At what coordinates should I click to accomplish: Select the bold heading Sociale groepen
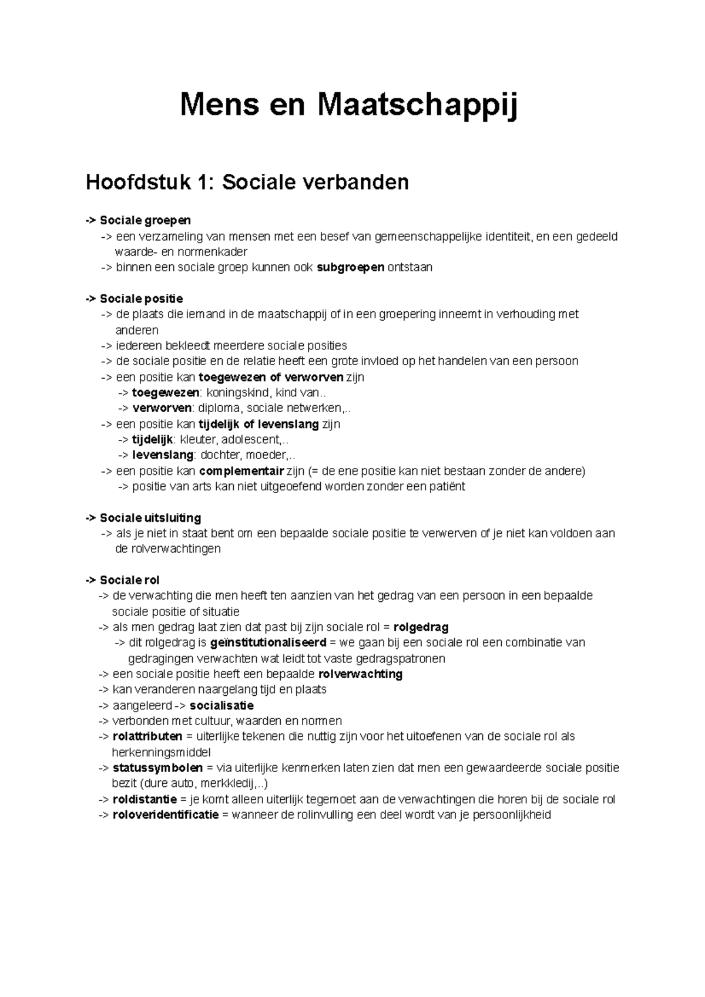pyautogui.click(x=145, y=220)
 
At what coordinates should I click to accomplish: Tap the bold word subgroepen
pyautogui.click(x=350, y=268)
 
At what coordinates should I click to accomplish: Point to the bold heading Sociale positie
pyautogui.click(x=141, y=299)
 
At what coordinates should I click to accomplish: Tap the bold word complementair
pyautogui.click(x=241, y=471)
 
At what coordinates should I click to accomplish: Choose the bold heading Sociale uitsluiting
pyautogui.click(x=150, y=518)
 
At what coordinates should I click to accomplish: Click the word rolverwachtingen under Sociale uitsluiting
pyautogui.click(x=168, y=549)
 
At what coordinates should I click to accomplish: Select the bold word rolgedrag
pyautogui.click(x=421, y=627)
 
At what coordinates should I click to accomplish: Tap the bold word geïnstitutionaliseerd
pyautogui.click(x=268, y=643)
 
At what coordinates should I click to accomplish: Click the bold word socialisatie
pyautogui.click(x=221, y=705)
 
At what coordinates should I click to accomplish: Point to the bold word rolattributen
pyautogui.click(x=147, y=736)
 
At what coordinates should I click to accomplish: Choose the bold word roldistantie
pyautogui.click(x=145, y=799)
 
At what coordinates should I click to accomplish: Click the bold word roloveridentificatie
pyautogui.click(x=165, y=815)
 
